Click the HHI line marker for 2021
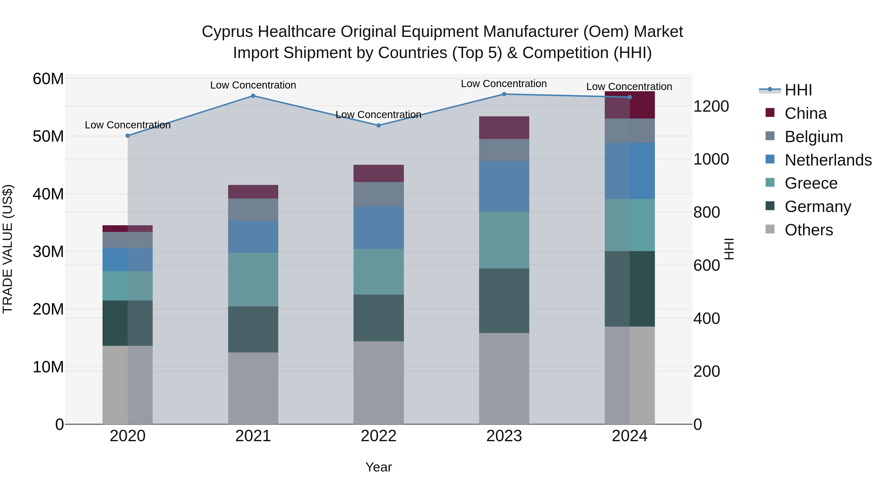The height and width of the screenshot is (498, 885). pyautogui.click(x=253, y=96)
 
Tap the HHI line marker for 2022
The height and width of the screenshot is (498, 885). pyautogui.click(x=379, y=125)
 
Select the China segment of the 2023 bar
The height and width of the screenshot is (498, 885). pyautogui.click(x=504, y=127)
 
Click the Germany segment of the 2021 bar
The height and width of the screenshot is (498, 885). pyautogui.click(x=253, y=329)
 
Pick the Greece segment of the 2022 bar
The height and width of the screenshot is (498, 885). pyautogui.click(x=379, y=272)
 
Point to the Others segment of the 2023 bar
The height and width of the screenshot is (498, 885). pyautogui.click(x=504, y=378)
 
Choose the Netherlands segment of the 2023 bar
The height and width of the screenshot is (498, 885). pyautogui.click(x=504, y=186)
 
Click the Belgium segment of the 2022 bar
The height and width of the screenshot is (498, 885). pyautogui.click(x=379, y=194)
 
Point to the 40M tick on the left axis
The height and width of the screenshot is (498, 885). pyautogui.click(x=48, y=194)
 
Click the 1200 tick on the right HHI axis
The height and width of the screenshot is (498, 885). pyautogui.click(x=711, y=106)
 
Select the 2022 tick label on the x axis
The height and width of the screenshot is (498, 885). pyautogui.click(x=379, y=436)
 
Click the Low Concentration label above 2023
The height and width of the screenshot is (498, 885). pyautogui.click(x=504, y=84)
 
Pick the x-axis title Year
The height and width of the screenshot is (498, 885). pyautogui.click(x=379, y=467)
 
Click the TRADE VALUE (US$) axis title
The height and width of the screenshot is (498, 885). pyautogui.click(x=8, y=249)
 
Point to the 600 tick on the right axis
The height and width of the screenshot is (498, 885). pyautogui.click(x=706, y=265)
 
